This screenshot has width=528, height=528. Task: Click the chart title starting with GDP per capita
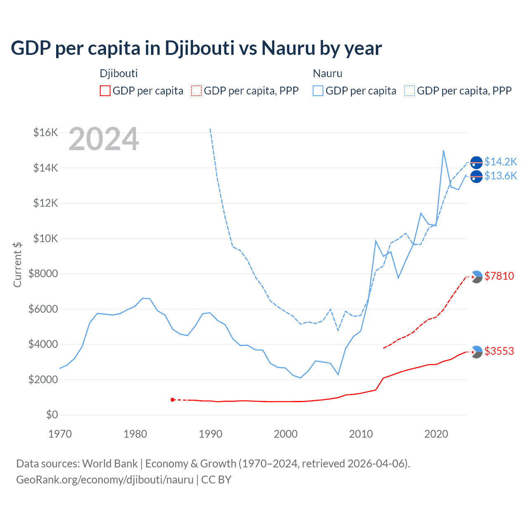coord(196,48)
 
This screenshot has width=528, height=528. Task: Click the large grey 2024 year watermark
coord(104,139)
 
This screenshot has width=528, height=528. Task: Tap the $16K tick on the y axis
coord(45,132)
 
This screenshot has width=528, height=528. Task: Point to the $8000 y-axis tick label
coord(43,273)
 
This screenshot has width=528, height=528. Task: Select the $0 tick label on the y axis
coord(52,415)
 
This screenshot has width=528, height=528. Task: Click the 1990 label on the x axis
coord(210,434)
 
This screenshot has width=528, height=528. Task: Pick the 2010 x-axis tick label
coord(361,434)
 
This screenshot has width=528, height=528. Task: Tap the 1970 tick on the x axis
coord(60,434)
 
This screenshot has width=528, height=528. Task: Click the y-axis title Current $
coord(17,264)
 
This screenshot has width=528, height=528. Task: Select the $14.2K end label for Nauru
coord(500,162)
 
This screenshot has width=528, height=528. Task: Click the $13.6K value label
coord(500,176)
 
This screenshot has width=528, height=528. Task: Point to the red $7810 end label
coord(499,276)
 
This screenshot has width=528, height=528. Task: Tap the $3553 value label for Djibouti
coord(499,351)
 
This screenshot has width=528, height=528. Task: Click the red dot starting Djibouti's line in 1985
coord(172,400)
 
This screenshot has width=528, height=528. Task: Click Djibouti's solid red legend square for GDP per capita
coord(105,91)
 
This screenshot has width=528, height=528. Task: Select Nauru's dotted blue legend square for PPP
coord(410,91)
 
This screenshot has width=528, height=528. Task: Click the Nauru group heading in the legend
coord(328,73)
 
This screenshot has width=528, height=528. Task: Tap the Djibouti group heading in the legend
coord(119,73)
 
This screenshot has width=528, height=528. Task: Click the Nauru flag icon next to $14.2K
coord(476,163)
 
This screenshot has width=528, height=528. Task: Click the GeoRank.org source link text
coord(105,480)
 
